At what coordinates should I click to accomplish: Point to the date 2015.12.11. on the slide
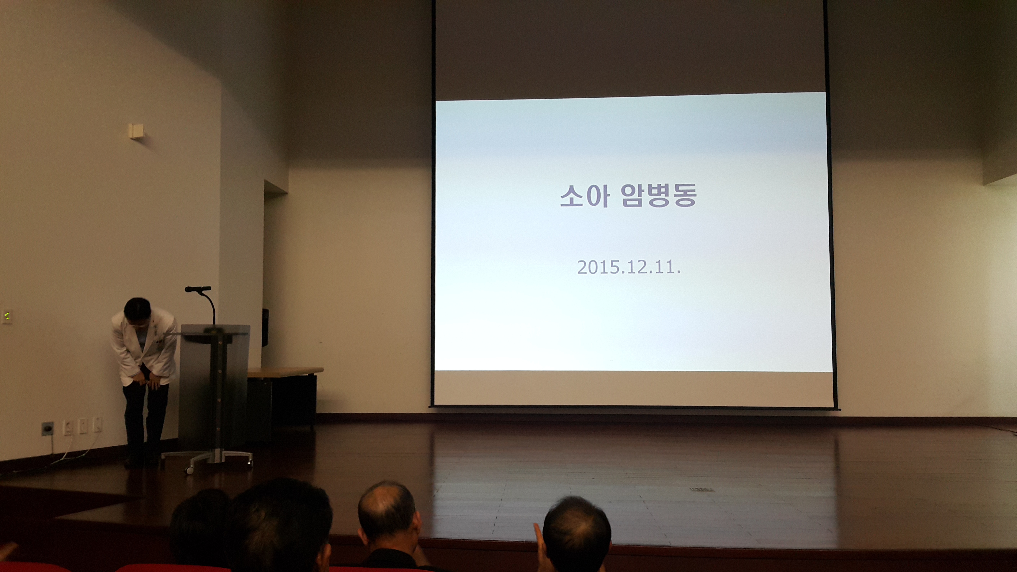(x=629, y=267)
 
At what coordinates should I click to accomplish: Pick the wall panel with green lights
(x=7, y=316)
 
